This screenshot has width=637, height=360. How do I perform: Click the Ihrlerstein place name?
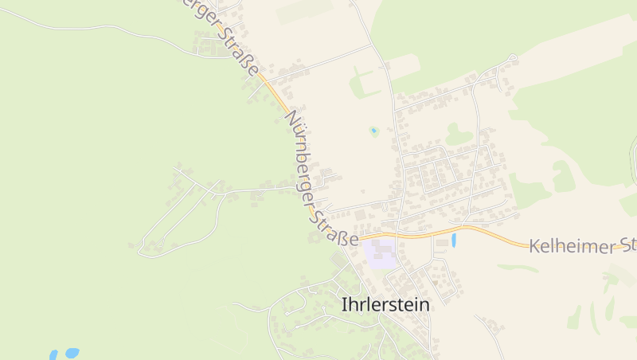(x=385, y=304)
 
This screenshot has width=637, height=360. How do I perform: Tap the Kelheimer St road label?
(x=582, y=245)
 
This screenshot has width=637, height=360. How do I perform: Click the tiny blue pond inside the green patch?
(x=373, y=130)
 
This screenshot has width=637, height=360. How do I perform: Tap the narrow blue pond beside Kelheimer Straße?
(x=454, y=240)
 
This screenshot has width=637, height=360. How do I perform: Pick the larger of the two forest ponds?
(x=72, y=351)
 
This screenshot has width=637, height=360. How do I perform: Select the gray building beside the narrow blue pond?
(x=442, y=242)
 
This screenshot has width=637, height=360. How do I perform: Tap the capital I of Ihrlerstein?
(x=344, y=304)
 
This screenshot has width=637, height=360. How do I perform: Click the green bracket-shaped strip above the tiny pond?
(x=362, y=82)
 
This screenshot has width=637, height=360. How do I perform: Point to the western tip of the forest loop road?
(x=140, y=251)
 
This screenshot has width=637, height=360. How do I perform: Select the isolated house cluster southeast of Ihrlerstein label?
(x=490, y=325)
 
